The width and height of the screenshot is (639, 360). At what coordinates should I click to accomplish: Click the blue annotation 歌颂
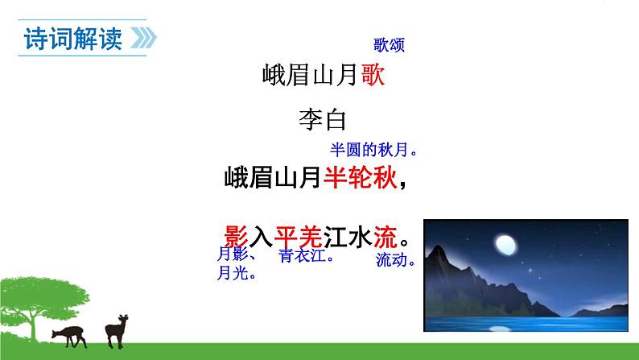[389, 45]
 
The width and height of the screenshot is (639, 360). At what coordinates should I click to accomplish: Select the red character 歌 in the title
[372, 76]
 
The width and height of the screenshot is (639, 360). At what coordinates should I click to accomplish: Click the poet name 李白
[321, 121]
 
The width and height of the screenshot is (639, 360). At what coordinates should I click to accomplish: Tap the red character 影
[233, 238]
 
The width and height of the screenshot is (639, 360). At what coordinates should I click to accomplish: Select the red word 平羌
[299, 238]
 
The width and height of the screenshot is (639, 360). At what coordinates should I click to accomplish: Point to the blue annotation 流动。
[395, 260]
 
